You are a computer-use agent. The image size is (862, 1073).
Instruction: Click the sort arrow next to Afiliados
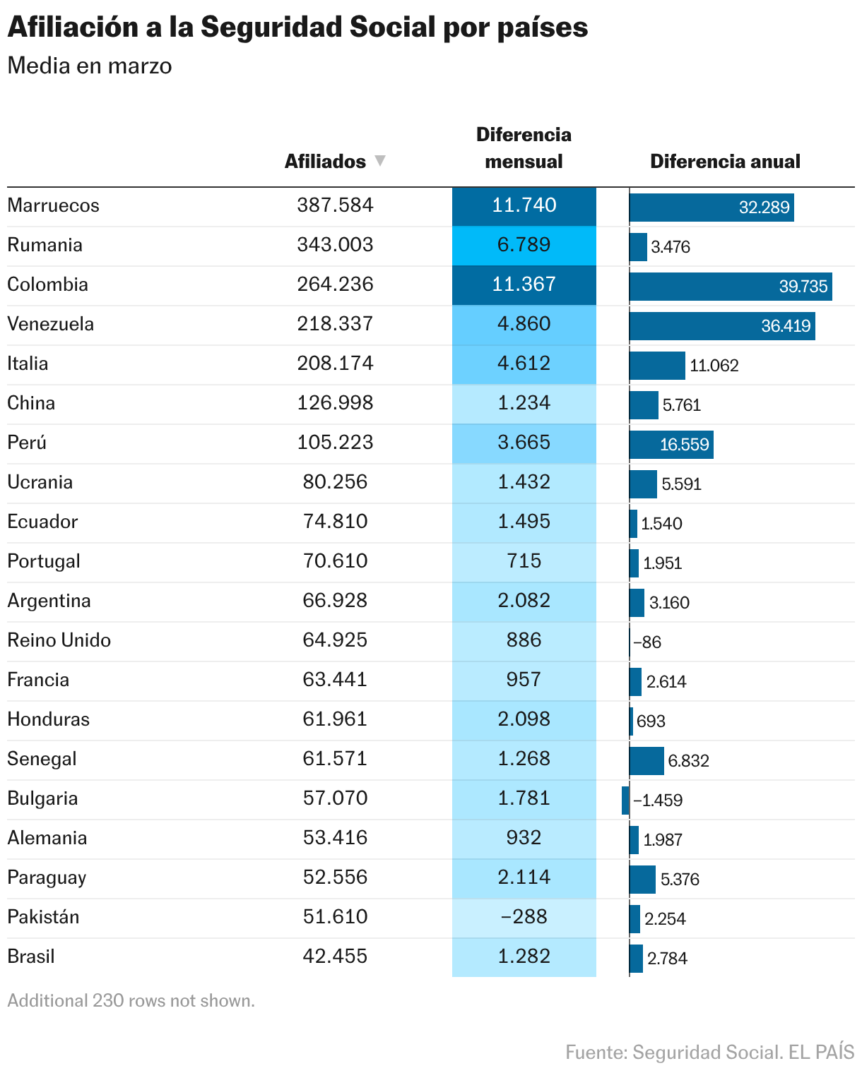[x=380, y=161]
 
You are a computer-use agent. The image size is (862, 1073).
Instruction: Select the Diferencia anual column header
[x=725, y=162]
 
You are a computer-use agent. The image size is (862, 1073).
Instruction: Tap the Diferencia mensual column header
[x=524, y=148]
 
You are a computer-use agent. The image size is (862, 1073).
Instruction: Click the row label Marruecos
[x=54, y=205]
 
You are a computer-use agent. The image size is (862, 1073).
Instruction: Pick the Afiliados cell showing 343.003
[x=335, y=245]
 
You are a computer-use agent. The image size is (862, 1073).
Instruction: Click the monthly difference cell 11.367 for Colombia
[x=524, y=284]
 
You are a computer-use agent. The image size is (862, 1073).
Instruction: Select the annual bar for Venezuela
[x=722, y=325]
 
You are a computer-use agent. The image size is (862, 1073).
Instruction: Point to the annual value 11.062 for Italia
[x=714, y=366]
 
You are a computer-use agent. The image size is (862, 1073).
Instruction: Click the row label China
[x=31, y=403]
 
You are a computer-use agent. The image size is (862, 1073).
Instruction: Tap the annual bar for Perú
[x=671, y=444]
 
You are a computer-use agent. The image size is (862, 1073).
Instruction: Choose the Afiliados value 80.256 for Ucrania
[x=335, y=482]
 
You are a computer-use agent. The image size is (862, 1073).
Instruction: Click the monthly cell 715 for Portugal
[x=524, y=561]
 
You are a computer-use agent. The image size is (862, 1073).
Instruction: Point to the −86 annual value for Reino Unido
[x=647, y=642]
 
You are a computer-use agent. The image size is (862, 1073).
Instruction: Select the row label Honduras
[x=49, y=719]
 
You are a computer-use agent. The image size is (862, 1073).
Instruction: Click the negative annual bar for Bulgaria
[x=625, y=800]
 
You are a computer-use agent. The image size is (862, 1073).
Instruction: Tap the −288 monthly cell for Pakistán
[x=524, y=917]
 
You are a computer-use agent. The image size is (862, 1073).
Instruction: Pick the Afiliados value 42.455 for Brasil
[x=335, y=957]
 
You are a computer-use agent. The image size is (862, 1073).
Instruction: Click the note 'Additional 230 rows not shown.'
[x=131, y=1001]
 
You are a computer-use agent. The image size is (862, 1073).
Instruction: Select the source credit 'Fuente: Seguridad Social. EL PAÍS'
[x=709, y=1053]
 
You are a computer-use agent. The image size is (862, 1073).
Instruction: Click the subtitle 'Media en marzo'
[x=90, y=66]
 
